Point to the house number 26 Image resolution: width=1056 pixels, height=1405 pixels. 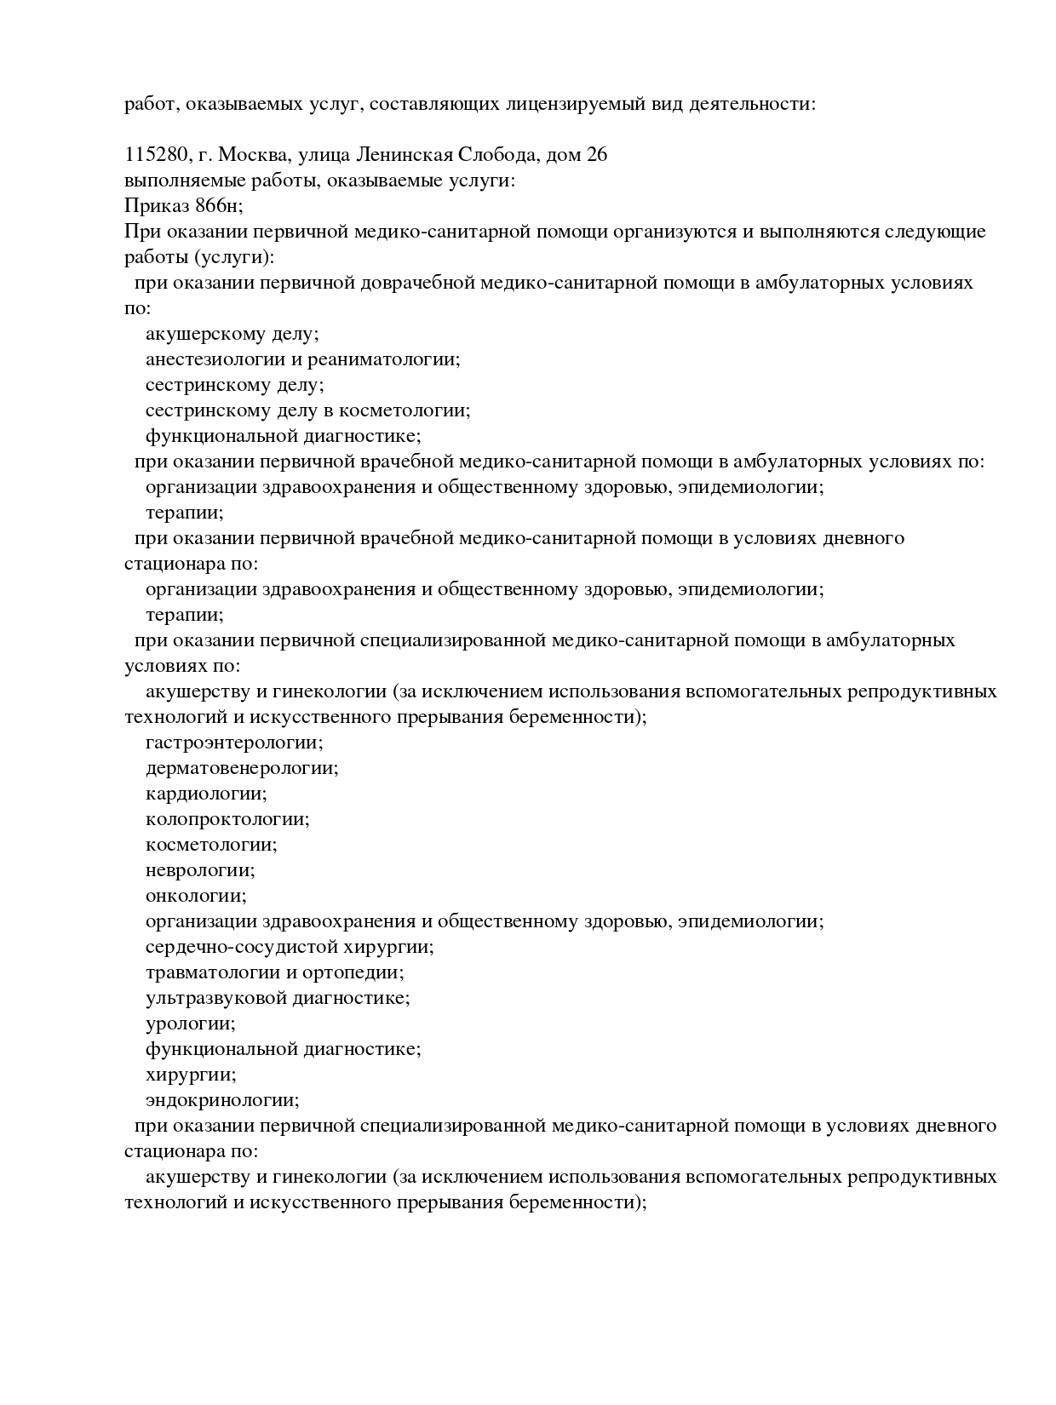(x=596, y=155)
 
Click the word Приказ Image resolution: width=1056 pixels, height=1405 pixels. (x=156, y=206)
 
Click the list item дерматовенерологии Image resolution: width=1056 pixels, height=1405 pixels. (x=242, y=768)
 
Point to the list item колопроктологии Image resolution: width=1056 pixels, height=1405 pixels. (x=227, y=819)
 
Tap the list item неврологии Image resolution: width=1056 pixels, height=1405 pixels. (x=200, y=870)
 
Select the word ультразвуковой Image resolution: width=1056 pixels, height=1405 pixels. (x=215, y=998)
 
